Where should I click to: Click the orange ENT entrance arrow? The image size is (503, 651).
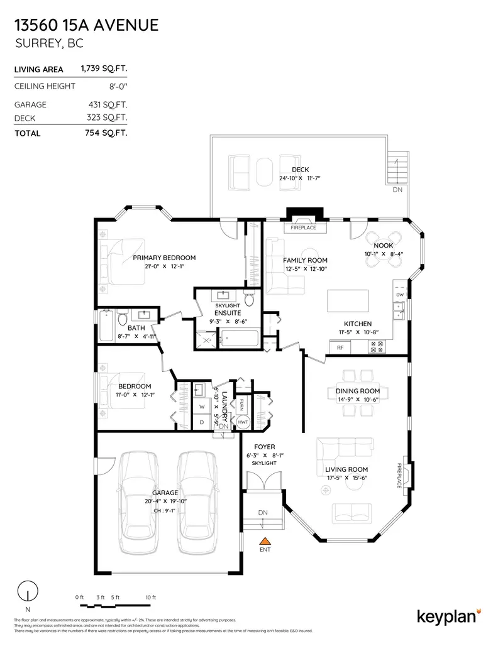coord(265,540)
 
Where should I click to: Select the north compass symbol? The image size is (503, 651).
coord(27,593)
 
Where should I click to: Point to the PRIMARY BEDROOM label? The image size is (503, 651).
coord(164,258)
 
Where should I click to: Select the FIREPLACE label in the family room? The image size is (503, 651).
coord(303,227)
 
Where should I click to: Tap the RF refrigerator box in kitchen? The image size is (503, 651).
coord(340,347)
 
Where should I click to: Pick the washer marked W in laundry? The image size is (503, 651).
coord(202,406)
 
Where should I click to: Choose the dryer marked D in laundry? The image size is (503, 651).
coord(202,422)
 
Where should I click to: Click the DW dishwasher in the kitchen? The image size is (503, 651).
coord(400,294)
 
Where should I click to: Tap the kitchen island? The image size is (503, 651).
coord(350,300)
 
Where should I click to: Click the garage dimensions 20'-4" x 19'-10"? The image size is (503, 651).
coord(165,501)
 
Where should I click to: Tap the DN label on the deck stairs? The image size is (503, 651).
coord(397,189)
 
